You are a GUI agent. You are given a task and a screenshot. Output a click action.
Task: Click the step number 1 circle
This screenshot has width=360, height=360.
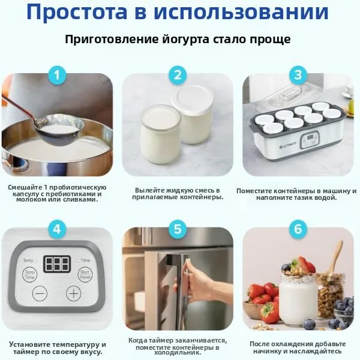[57, 75]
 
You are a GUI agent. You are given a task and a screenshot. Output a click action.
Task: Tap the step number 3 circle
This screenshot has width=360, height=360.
[298, 75]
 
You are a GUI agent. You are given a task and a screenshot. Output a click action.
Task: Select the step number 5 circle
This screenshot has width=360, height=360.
[178, 229]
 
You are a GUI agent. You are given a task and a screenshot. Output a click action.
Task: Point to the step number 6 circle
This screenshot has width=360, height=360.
[298, 229]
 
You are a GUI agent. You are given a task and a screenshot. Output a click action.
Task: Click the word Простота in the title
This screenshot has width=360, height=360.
[77, 12]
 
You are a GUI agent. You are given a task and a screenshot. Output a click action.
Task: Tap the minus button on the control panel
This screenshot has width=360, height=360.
[40, 293]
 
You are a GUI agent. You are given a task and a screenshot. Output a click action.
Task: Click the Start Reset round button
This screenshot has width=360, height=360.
[85, 275]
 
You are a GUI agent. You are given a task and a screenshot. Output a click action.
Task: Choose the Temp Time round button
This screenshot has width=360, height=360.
[30, 275]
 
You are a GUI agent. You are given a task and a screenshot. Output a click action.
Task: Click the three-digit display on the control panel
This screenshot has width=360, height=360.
[57, 264]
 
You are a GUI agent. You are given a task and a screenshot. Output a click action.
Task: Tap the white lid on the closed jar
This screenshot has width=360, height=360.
[193, 99]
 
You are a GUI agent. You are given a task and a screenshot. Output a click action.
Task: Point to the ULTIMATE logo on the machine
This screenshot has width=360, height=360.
[288, 145]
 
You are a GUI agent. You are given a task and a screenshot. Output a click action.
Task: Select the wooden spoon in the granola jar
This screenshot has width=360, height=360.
[335, 258]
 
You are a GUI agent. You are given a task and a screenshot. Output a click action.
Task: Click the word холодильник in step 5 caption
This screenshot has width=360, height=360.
[178, 353]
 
